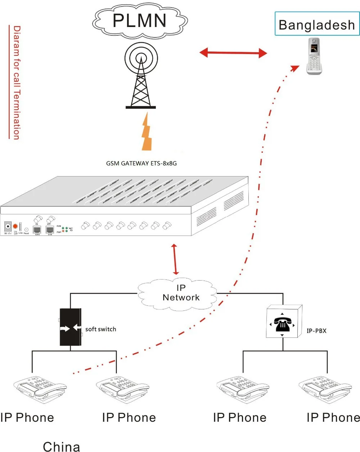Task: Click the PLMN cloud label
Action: (140, 21)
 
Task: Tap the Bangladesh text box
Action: (317, 24)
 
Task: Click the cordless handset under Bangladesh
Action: (314, 57)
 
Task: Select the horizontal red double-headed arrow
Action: (233, 53)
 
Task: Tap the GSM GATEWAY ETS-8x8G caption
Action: (141, 163)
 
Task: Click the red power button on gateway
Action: (15, 227)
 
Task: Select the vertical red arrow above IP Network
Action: (175, 259)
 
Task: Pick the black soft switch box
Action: (71, 327)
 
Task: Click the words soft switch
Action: (100, 329)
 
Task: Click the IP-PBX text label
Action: (316, 331)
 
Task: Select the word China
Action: (62, 446)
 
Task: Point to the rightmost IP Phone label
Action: (333, 418)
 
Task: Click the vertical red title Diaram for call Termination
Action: (16, 82)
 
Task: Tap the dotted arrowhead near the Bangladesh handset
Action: (295, 68)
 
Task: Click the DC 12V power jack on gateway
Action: (8, 227)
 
